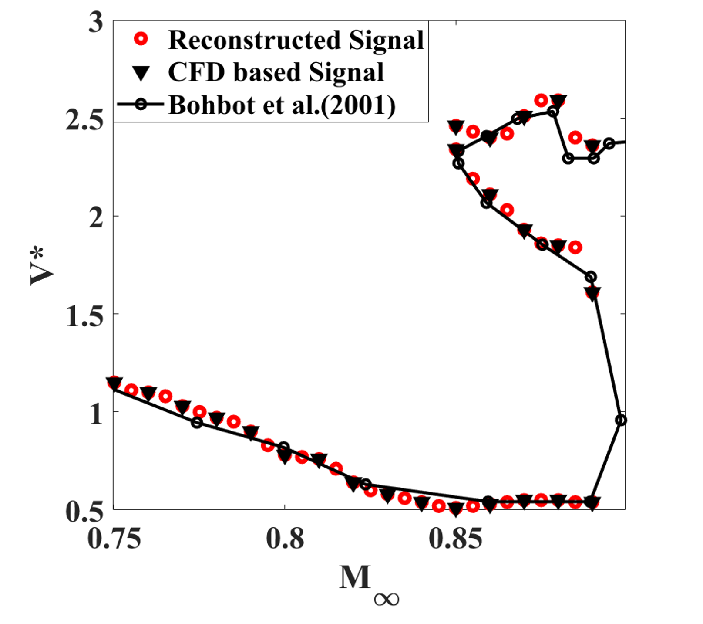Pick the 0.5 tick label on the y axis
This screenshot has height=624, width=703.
pos(84,512)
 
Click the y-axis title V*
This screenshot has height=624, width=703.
pos(42,266)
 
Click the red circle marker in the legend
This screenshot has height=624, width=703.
pos(141,40)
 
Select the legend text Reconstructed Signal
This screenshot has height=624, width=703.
pos(296,40)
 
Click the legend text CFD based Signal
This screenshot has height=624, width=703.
pos(276,72)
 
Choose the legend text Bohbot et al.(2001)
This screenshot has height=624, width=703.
pos(282,105)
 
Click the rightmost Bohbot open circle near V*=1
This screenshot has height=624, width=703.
pos(621,420)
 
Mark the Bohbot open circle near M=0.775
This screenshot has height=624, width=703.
pos(197,422)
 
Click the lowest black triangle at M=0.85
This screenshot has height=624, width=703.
pos(456,509)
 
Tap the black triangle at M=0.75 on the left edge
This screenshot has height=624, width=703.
pos(114,383)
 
